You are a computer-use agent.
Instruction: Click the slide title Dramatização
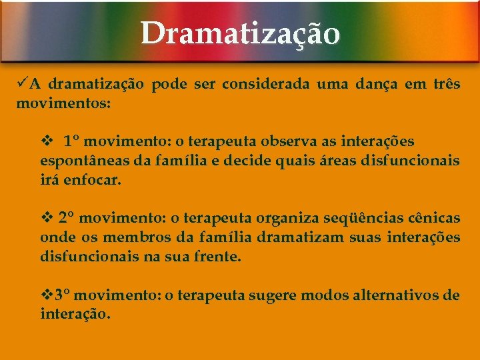tap(240, 33)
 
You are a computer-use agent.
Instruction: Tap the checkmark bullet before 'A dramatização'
tap(23, 84)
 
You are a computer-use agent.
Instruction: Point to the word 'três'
tap(443, 85)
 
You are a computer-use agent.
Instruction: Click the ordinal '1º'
tap(72, 141)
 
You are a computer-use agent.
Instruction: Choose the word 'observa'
tap(288, 141)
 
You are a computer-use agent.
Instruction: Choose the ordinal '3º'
tap(62, 295)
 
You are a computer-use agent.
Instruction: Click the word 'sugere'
tap(273, 295)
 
